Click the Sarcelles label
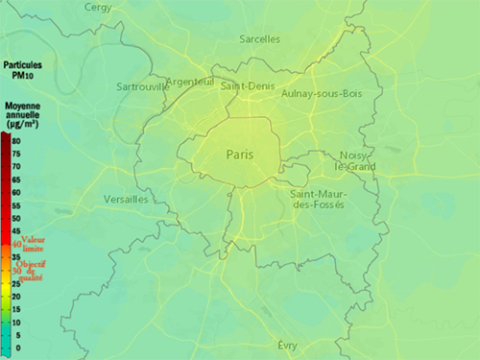260,39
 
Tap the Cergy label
98,7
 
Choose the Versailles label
125,199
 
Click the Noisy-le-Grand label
352,160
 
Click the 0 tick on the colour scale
16,348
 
